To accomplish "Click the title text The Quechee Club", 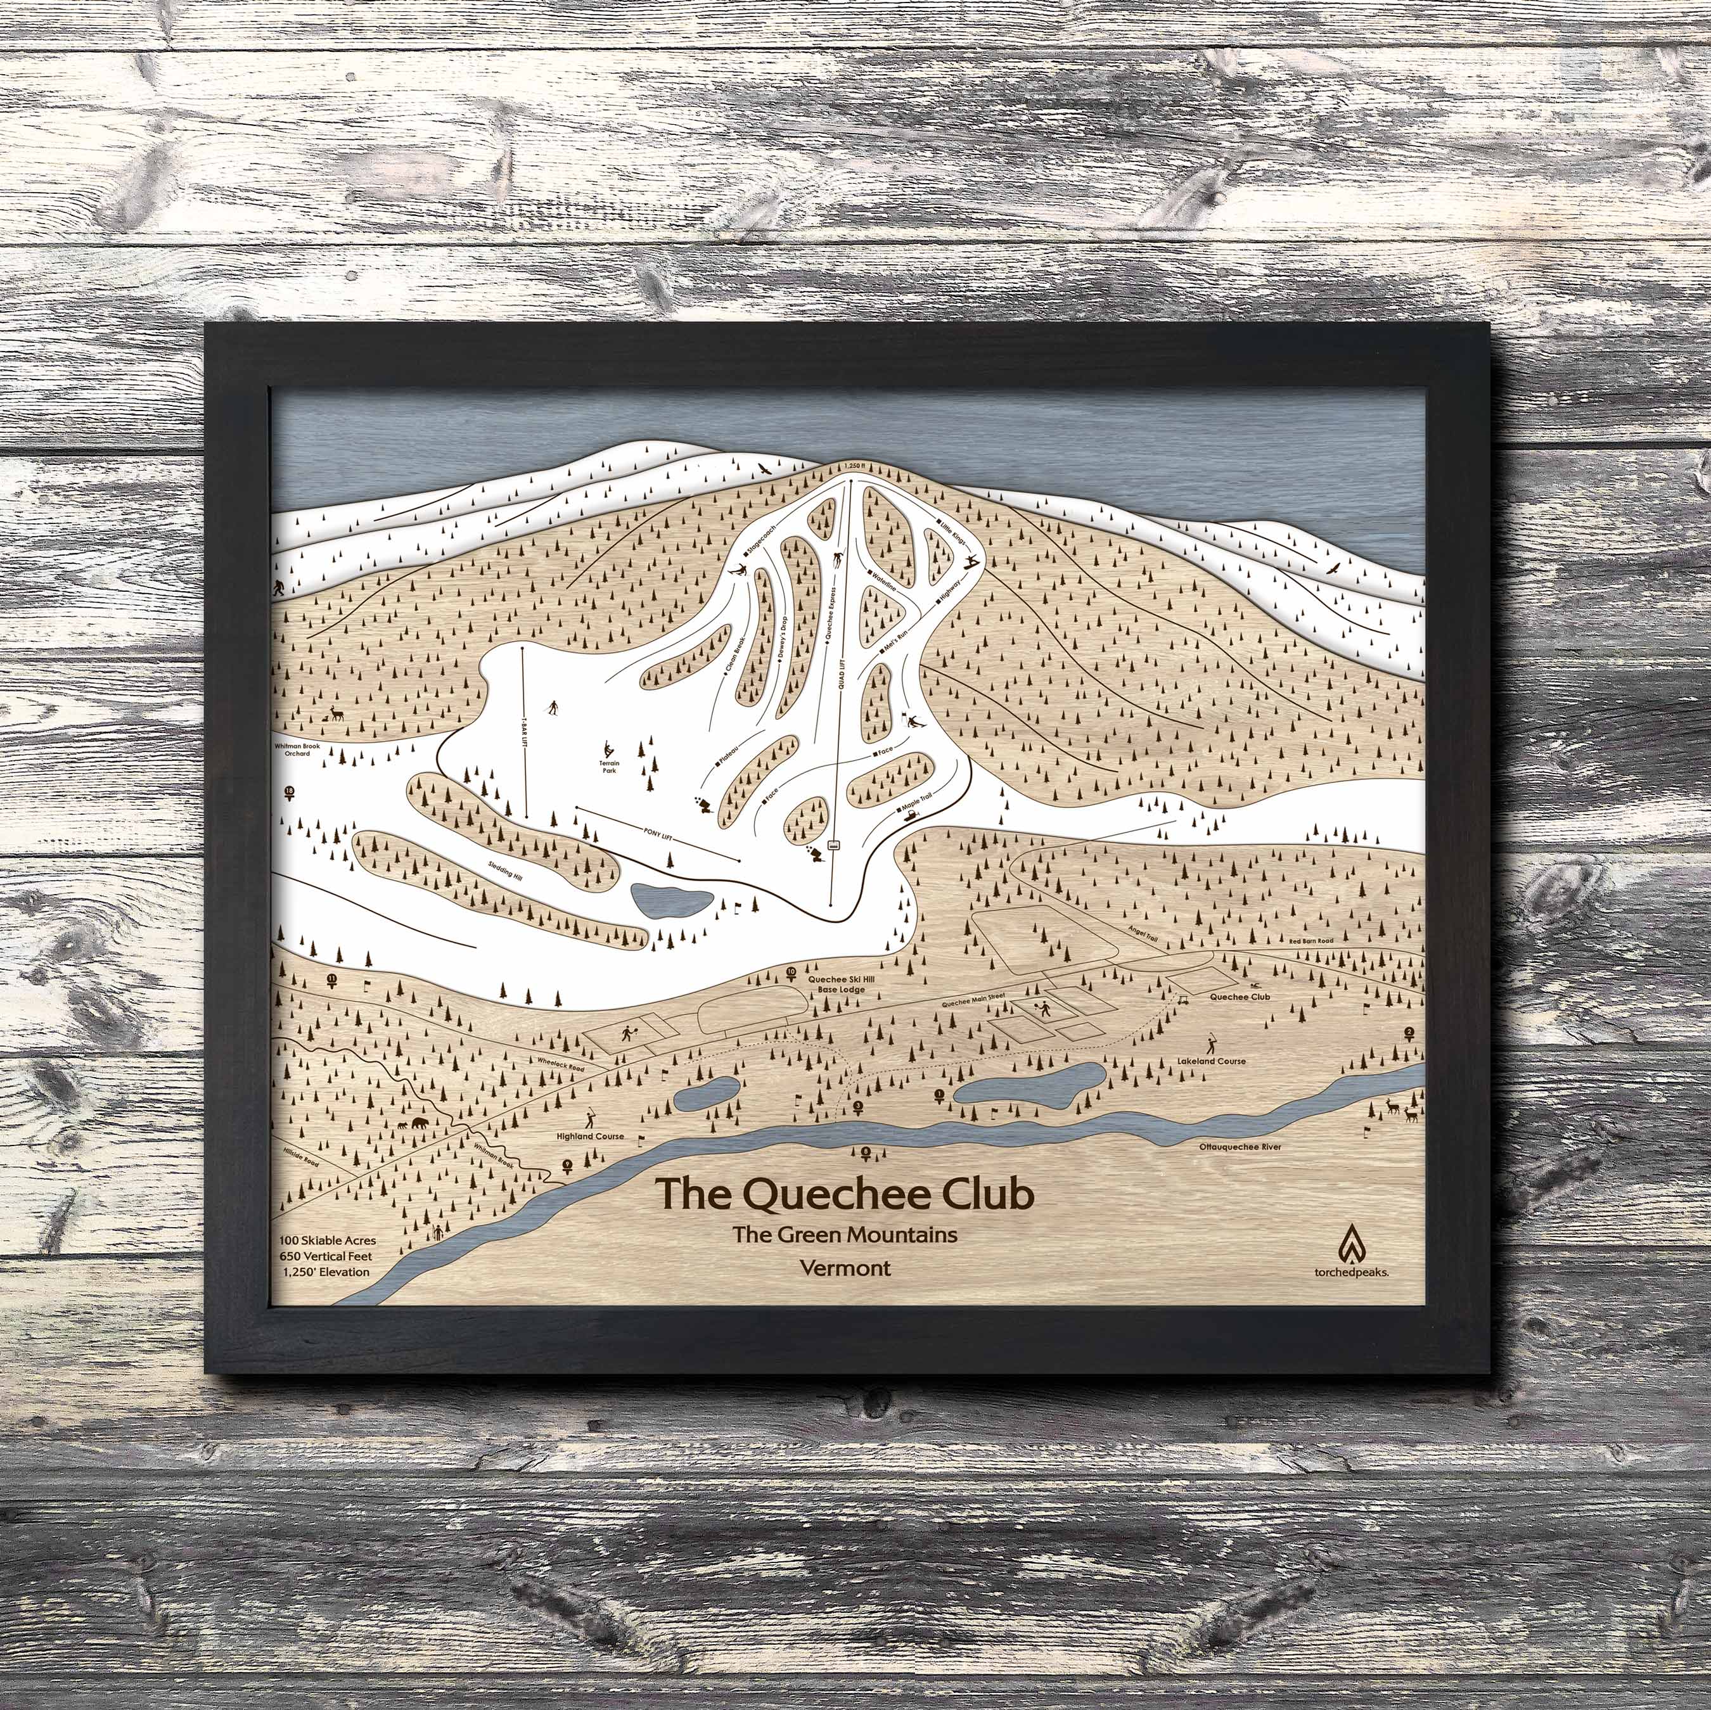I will click(844, 1193).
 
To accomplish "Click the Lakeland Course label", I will click(1212, 1061).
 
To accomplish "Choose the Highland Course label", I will click(590, 1136).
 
